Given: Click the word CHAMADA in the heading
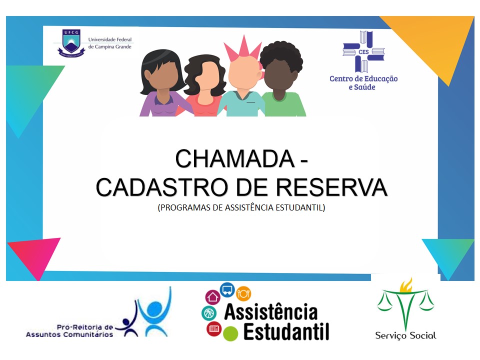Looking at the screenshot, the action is [x=235, y=158].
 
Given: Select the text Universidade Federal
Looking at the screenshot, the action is [x=110, y=39].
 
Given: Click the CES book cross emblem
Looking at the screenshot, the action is [x=363, y=51].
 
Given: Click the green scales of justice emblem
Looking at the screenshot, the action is [x=405, y=303].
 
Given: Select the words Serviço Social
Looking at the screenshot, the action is [x=405, y=336].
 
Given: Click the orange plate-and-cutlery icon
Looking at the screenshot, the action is [x=243, y=293].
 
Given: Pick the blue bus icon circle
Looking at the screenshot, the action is [x=227, y=290].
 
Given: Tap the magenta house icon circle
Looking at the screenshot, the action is [x=213, y=297].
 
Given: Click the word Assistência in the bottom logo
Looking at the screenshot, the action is [x=271, y=311].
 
